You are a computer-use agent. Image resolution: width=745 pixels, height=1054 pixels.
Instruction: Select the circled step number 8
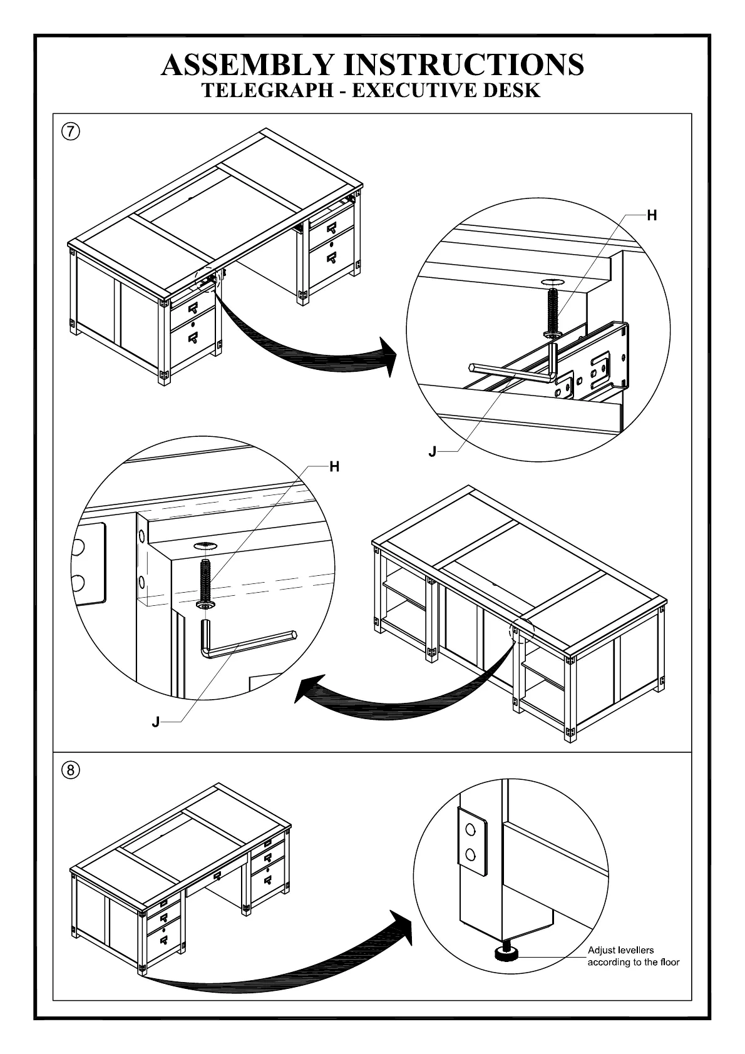coord(71,770)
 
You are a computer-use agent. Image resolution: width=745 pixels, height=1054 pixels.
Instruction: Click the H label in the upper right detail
coord(652,216)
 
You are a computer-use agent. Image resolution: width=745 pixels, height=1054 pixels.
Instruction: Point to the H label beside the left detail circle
coord(334,467)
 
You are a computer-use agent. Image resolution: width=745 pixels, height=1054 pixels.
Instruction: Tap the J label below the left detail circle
coord(156,723)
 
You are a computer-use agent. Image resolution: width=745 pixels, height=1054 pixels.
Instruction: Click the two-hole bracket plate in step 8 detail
coord(471,841)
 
